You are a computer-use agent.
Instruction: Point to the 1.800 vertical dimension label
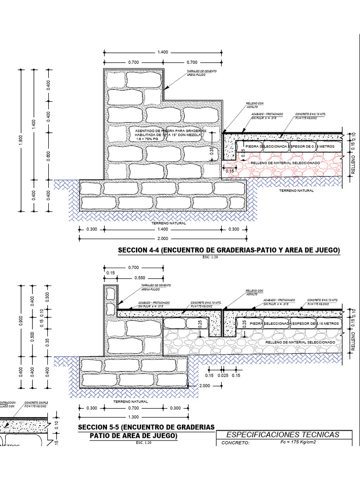21,141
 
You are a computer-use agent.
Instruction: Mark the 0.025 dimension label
223,375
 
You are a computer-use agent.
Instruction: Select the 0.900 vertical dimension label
21,320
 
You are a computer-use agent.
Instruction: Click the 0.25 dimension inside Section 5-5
200,323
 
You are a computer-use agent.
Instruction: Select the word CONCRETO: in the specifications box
237,442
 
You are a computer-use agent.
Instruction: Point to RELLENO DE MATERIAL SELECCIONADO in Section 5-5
300,343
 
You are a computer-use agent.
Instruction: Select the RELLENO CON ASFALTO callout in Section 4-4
255,105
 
